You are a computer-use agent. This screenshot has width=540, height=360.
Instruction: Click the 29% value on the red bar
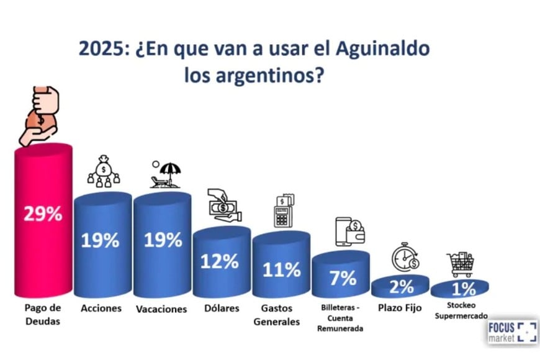pos(43,214)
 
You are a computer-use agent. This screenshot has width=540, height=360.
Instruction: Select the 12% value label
pos(219,261)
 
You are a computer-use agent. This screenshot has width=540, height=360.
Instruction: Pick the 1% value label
pos(459,289)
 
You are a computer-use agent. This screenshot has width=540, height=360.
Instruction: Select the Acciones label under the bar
pos(101,308)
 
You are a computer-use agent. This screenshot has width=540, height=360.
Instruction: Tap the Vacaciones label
pos(161,308)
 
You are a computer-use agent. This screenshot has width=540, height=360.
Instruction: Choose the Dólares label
pos(221,308)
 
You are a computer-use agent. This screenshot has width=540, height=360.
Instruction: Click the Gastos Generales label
pos(281,315)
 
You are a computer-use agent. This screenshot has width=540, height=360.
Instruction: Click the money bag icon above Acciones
pos(104,172)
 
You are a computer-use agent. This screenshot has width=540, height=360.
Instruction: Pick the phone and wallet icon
pos(350,231)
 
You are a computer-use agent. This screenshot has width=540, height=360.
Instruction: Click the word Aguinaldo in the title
pos(380,49)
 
